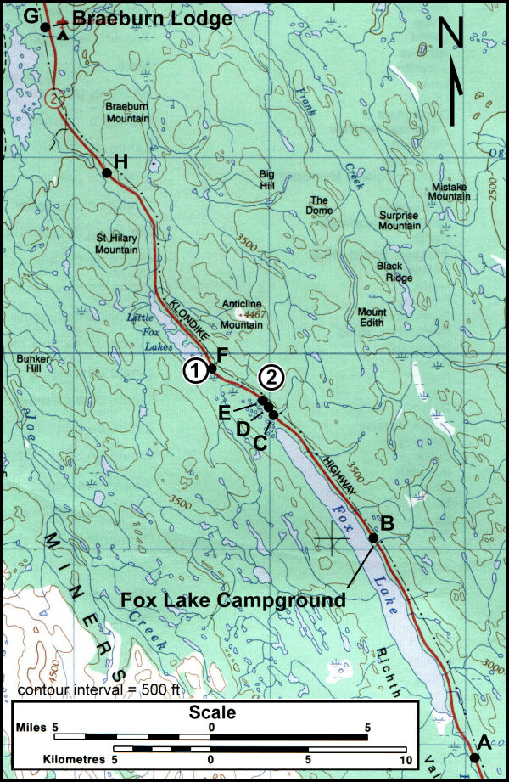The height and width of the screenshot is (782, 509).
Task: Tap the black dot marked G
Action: point(44,27)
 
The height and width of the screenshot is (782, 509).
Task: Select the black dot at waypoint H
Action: point(107,173)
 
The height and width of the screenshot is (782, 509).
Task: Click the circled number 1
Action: point(195,370)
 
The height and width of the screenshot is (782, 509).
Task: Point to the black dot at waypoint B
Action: point(372,537)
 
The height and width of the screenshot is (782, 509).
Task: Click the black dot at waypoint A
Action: point(473,757)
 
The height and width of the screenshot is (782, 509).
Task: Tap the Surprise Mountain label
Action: point(399,221)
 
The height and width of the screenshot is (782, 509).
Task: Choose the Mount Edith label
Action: point(372,317)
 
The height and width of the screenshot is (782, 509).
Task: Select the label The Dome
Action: point(320,205)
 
